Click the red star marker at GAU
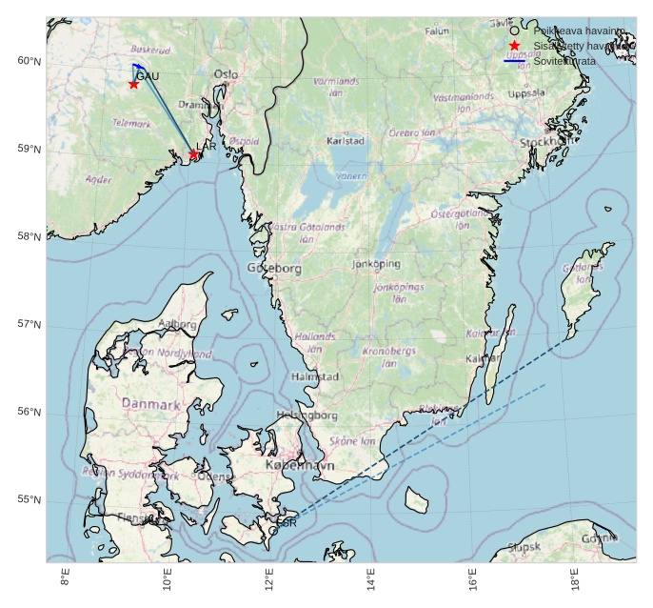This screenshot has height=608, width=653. point(134,84)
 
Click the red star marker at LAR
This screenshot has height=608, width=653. point(194,153)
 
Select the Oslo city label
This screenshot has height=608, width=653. point(227,73)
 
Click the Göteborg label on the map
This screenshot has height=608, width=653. point(274,269)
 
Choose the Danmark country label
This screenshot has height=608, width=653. point(151,404)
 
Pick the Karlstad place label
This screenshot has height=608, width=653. point(345,140)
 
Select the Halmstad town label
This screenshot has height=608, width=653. point(314,376)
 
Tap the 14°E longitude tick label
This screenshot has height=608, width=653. point(371,578)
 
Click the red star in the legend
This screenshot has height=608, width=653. point(514,46)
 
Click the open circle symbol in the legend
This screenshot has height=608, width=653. point(514,30)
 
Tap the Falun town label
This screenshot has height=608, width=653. point(436,30)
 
